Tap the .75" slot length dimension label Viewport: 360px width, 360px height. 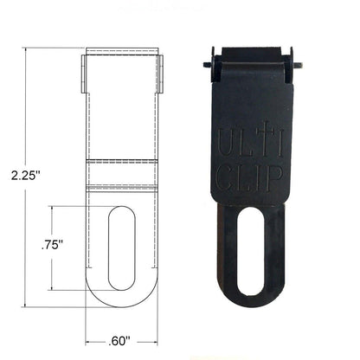pyautogui.click(x=55, y=247)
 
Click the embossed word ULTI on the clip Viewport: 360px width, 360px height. pyautogui.click(x=251, y=141)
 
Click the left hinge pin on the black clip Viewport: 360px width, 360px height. pyautogui.click(x=203, y=62)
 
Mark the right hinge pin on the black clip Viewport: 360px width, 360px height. pyautogui.click(x=299, y=62)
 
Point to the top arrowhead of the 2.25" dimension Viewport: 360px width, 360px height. pyautogui.click(x=27, y=50)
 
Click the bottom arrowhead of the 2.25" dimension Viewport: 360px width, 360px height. pyautogui.click(x=27, y=305)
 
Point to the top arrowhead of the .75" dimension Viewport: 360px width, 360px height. pyautogui.click(x=53, y=208)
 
